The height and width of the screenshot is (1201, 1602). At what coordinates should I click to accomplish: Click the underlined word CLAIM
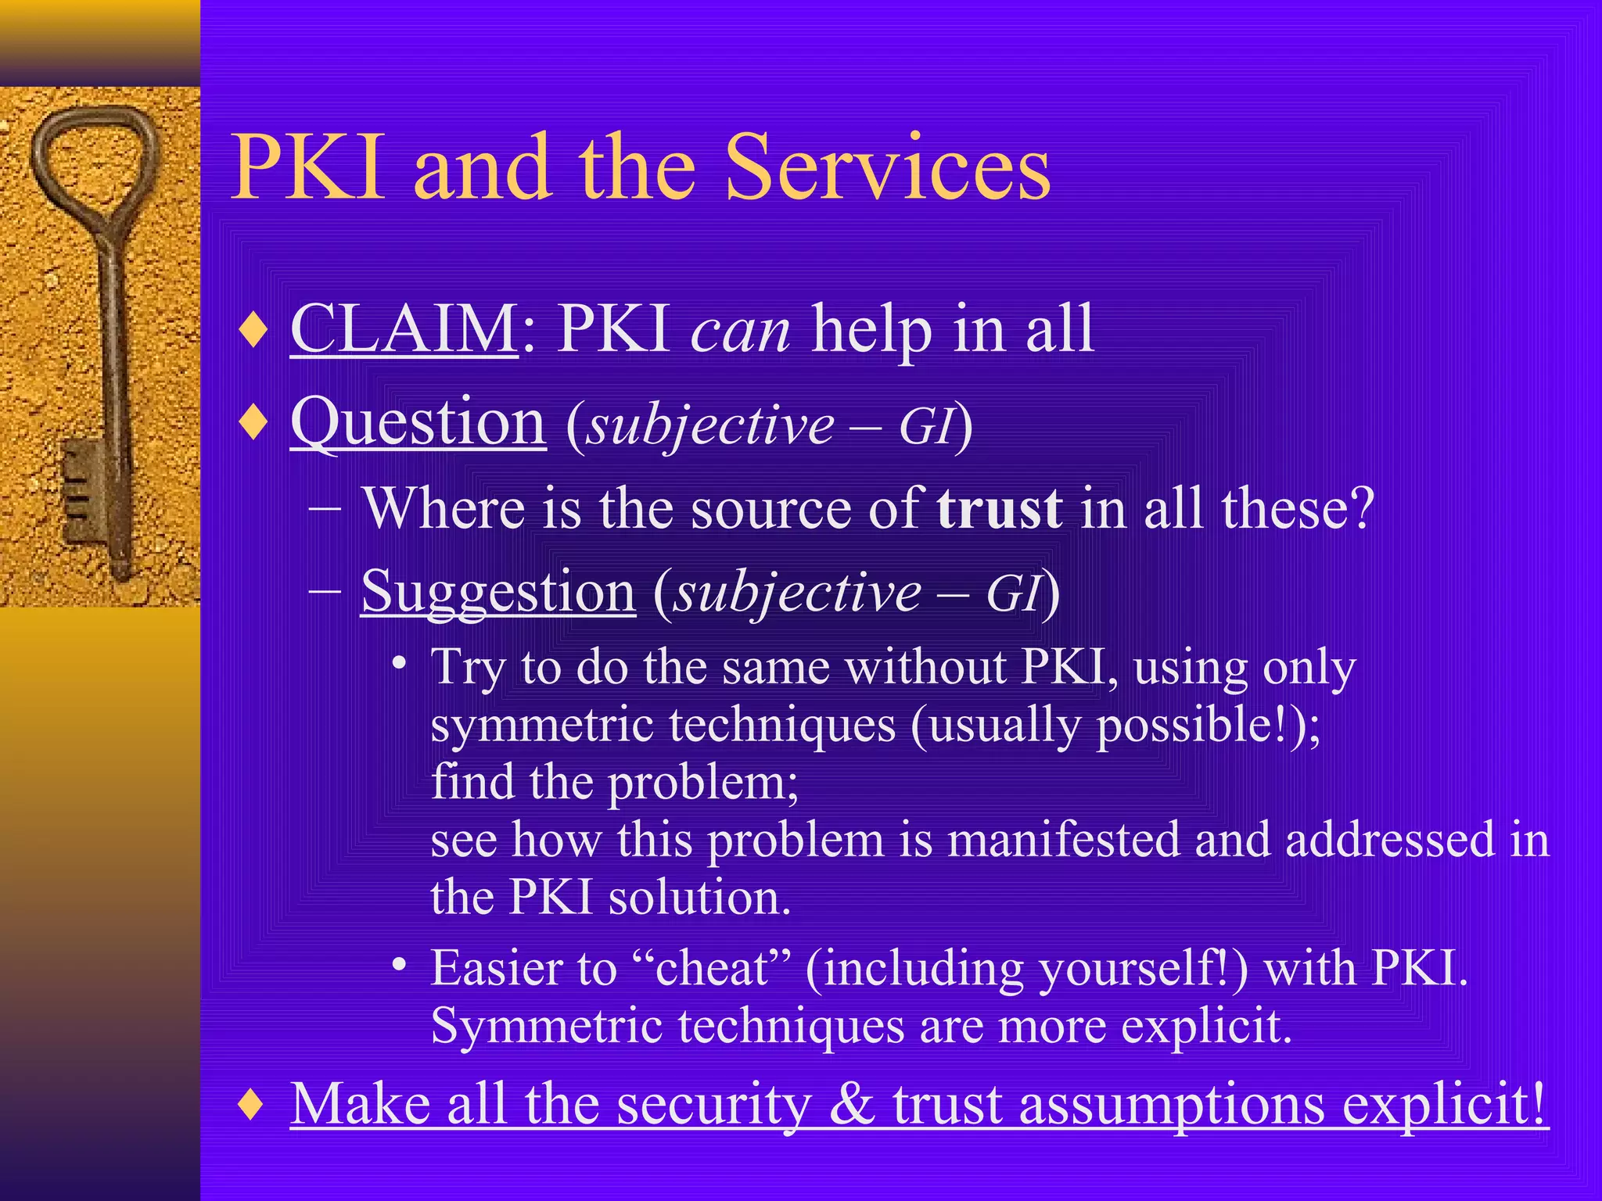(x=404, y=329)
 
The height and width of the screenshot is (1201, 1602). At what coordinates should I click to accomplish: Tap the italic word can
(x=740, y=332)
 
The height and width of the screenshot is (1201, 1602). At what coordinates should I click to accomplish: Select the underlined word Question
(x=418, y=423)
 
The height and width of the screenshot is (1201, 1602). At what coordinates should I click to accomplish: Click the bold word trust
(x=1000, y=509)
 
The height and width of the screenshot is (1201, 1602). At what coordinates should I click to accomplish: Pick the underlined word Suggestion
(x=498, y=592)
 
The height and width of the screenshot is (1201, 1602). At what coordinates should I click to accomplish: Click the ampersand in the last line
(x=852, y=1104)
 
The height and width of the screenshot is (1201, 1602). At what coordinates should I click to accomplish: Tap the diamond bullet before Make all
(x=253, y=1105)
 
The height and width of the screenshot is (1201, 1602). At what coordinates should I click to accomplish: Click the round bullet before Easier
(x=400, y=966)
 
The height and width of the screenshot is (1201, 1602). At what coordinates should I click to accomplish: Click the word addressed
(x=1389, y=840)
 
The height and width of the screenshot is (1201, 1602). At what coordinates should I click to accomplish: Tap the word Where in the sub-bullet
(x=443, y=509)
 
